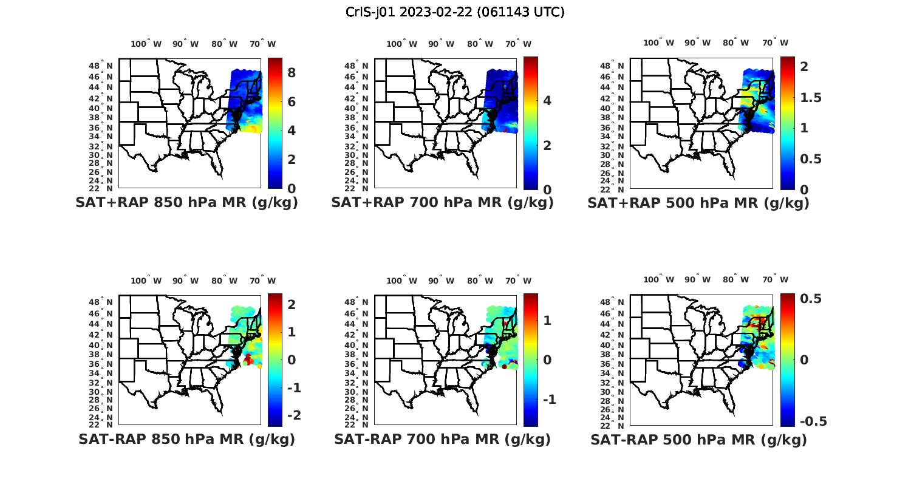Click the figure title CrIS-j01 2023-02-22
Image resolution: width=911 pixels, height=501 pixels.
455,12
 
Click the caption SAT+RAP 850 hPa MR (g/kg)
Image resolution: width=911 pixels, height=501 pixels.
186,203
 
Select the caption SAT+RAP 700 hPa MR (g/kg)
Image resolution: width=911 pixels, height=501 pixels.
442,203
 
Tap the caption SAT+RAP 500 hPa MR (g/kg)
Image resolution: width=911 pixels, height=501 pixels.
698,203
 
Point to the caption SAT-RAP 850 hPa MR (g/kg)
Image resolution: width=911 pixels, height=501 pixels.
186,439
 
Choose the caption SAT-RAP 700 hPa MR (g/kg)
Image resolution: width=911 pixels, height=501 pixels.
442,439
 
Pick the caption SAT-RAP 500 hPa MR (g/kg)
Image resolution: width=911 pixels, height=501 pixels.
698,439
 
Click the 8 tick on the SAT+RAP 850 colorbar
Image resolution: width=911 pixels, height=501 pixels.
292,73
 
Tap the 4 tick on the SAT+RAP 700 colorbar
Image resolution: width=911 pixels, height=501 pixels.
547,101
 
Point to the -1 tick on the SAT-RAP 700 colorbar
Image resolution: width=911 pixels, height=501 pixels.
549,400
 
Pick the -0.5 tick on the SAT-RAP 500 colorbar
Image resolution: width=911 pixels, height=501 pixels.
813,421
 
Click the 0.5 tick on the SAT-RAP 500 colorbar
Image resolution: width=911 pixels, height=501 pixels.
811,299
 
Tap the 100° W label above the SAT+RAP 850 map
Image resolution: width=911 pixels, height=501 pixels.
146,44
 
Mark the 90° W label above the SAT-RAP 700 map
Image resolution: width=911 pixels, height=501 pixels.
441,281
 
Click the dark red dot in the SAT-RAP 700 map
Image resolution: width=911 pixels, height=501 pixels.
504,367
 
